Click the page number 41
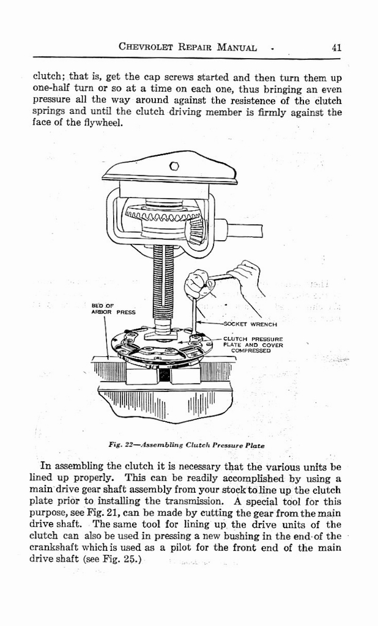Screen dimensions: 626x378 tap(336, 47)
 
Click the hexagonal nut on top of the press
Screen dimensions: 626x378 tap(174, 165)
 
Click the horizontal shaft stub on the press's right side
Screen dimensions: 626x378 tap(234, 230)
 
